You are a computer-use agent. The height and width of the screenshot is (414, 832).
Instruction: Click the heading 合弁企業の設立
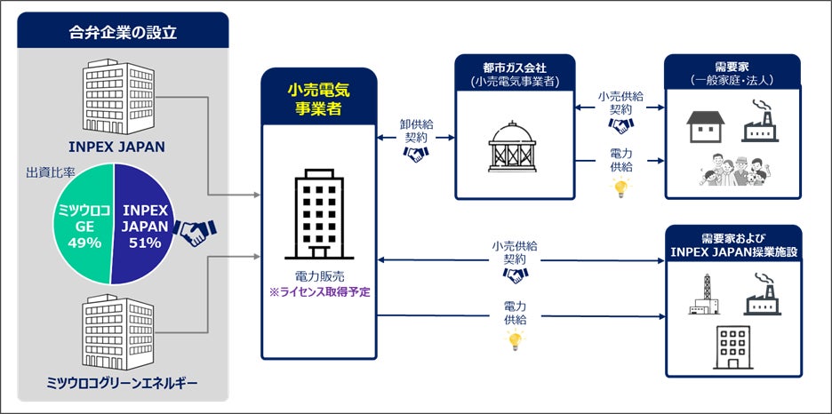[123, 33]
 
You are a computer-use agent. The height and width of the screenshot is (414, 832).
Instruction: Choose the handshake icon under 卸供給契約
[416, 154]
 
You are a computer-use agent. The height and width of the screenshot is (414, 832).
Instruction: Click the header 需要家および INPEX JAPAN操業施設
[732, 245]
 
